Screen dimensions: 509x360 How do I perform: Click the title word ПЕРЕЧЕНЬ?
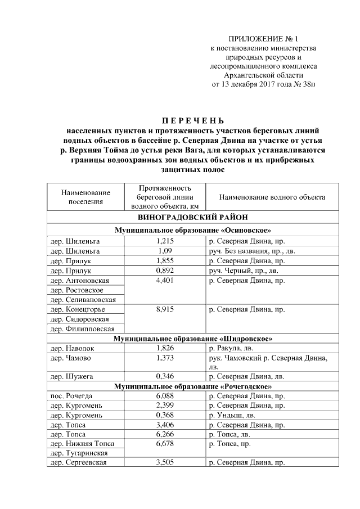pos(193,121)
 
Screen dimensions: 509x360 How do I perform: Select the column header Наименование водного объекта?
pos(272,197)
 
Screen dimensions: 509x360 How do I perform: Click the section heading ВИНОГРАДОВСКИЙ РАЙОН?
pos(193,217)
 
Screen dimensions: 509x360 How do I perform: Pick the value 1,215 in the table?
pos(165,241)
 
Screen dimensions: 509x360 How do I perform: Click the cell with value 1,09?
pos(165,251)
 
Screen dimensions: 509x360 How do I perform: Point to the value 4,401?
pos(165,280)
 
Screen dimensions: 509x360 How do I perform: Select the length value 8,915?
pos(165,309)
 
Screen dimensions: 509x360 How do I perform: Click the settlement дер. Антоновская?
pos(79,280)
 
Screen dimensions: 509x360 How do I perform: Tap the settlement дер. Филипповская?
pos(83,328)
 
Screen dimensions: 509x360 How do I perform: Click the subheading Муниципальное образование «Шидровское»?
pos(193,339)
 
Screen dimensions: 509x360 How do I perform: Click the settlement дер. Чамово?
pos(70,358)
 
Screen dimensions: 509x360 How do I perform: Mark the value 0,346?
pos(165,377)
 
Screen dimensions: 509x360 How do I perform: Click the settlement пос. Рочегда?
pos(71,397)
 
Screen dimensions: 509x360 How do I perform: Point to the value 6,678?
pos(165,444)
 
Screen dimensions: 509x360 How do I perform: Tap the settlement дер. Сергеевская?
pos(79,463)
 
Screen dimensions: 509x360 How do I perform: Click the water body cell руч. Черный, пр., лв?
pos(244,270)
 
